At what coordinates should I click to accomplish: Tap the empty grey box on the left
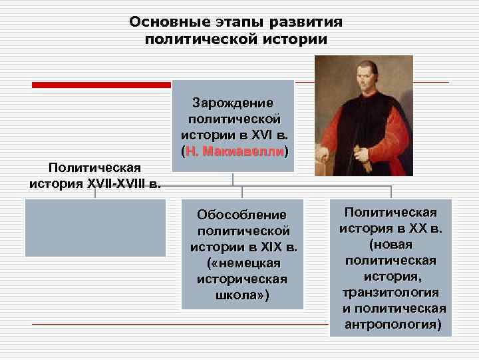pyautogui.click(x=95, y=227)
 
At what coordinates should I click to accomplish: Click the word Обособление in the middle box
pyautogui.click(x=241, y=215)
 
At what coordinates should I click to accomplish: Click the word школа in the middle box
pyautogui.click(x=238, y=295)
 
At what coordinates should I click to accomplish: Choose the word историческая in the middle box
pyautogui.click(x=241, y=279)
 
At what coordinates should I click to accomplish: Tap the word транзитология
pyautogui.click(x=391, y=293)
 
